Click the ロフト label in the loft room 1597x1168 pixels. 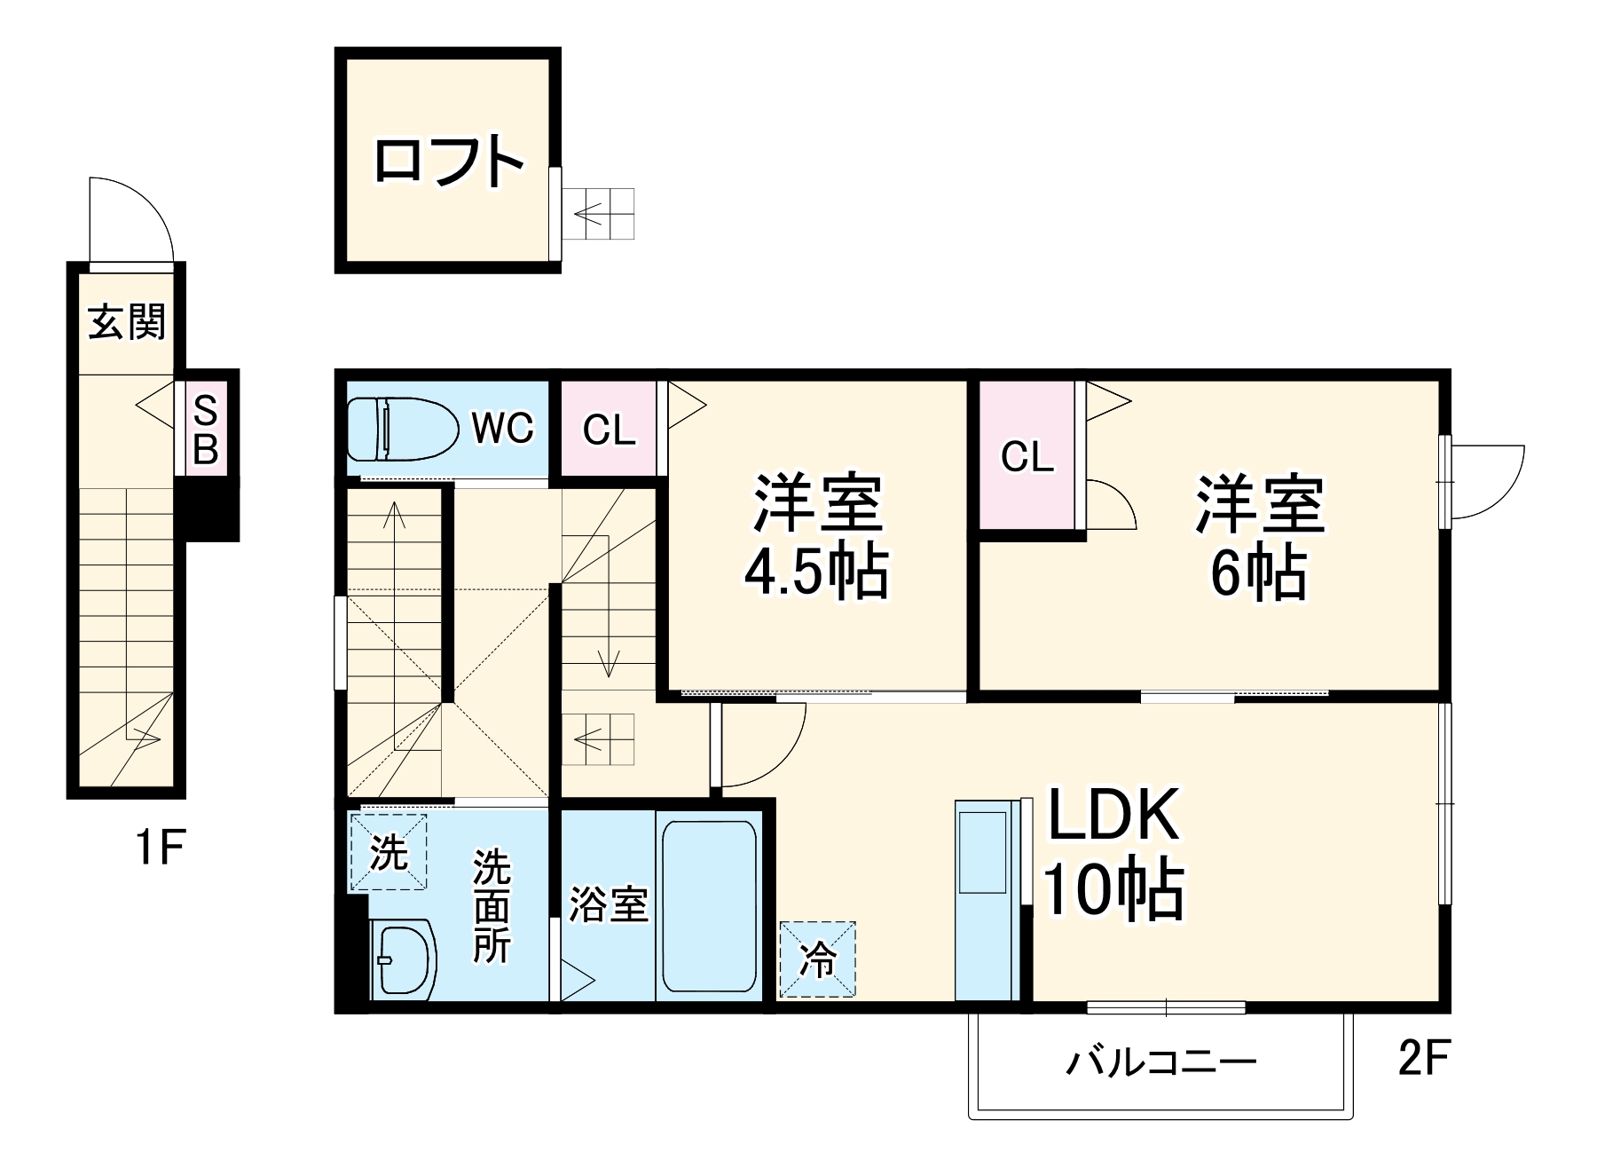click(448, 161)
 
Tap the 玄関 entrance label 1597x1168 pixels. click(127, 321)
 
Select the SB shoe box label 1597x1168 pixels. click(206, 430)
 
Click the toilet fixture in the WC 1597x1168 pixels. click(399, 429)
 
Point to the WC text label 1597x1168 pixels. click(503, 429)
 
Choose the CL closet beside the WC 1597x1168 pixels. click(609, 430)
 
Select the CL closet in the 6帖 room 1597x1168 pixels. click(1027, 457)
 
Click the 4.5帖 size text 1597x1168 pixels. click(816, 572)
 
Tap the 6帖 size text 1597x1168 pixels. click(1259, 572)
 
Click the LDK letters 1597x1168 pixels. click(1114, 814)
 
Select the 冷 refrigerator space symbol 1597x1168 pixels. click(818, 959)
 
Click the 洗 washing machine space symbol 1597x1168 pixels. click(389, 852)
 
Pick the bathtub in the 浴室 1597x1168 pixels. click(709, 907)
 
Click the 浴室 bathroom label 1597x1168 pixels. click(609, 904)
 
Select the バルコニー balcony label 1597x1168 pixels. click(1160, 1061)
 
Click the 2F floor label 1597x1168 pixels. click(1423, 1057)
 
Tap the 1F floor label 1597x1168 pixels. click(160, 848)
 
